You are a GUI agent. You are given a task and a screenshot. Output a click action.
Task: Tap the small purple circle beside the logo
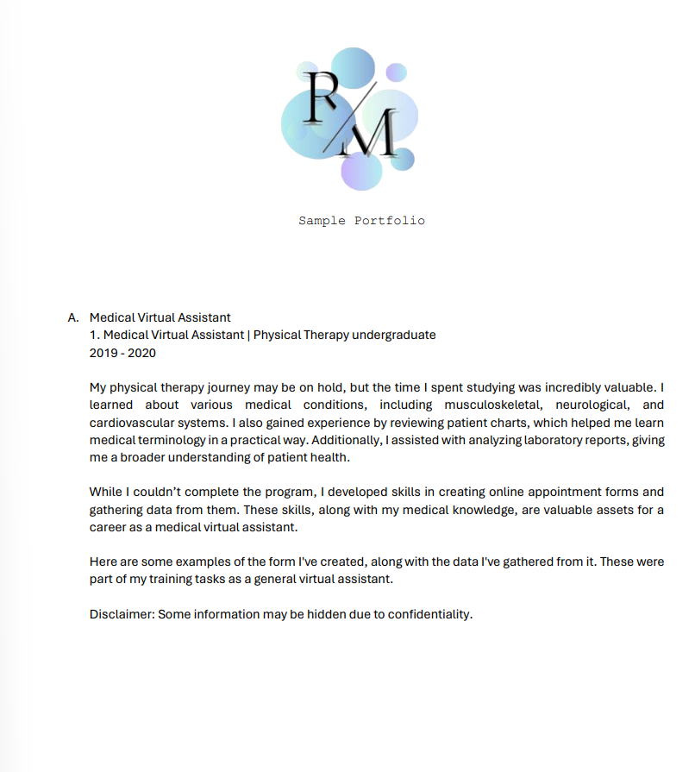coord(396,72)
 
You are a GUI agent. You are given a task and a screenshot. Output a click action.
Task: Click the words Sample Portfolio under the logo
coord(361,221)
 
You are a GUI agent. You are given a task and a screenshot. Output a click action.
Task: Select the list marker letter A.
coord(73,317)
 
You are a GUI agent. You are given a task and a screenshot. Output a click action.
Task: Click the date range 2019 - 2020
coord(122,352)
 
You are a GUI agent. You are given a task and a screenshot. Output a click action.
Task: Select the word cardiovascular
coord(132,423)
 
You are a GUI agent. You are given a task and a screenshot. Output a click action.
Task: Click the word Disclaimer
coord(121,615)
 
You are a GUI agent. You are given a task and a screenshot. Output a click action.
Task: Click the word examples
coord(197,562)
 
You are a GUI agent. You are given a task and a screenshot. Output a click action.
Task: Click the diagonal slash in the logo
coord(350,116)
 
